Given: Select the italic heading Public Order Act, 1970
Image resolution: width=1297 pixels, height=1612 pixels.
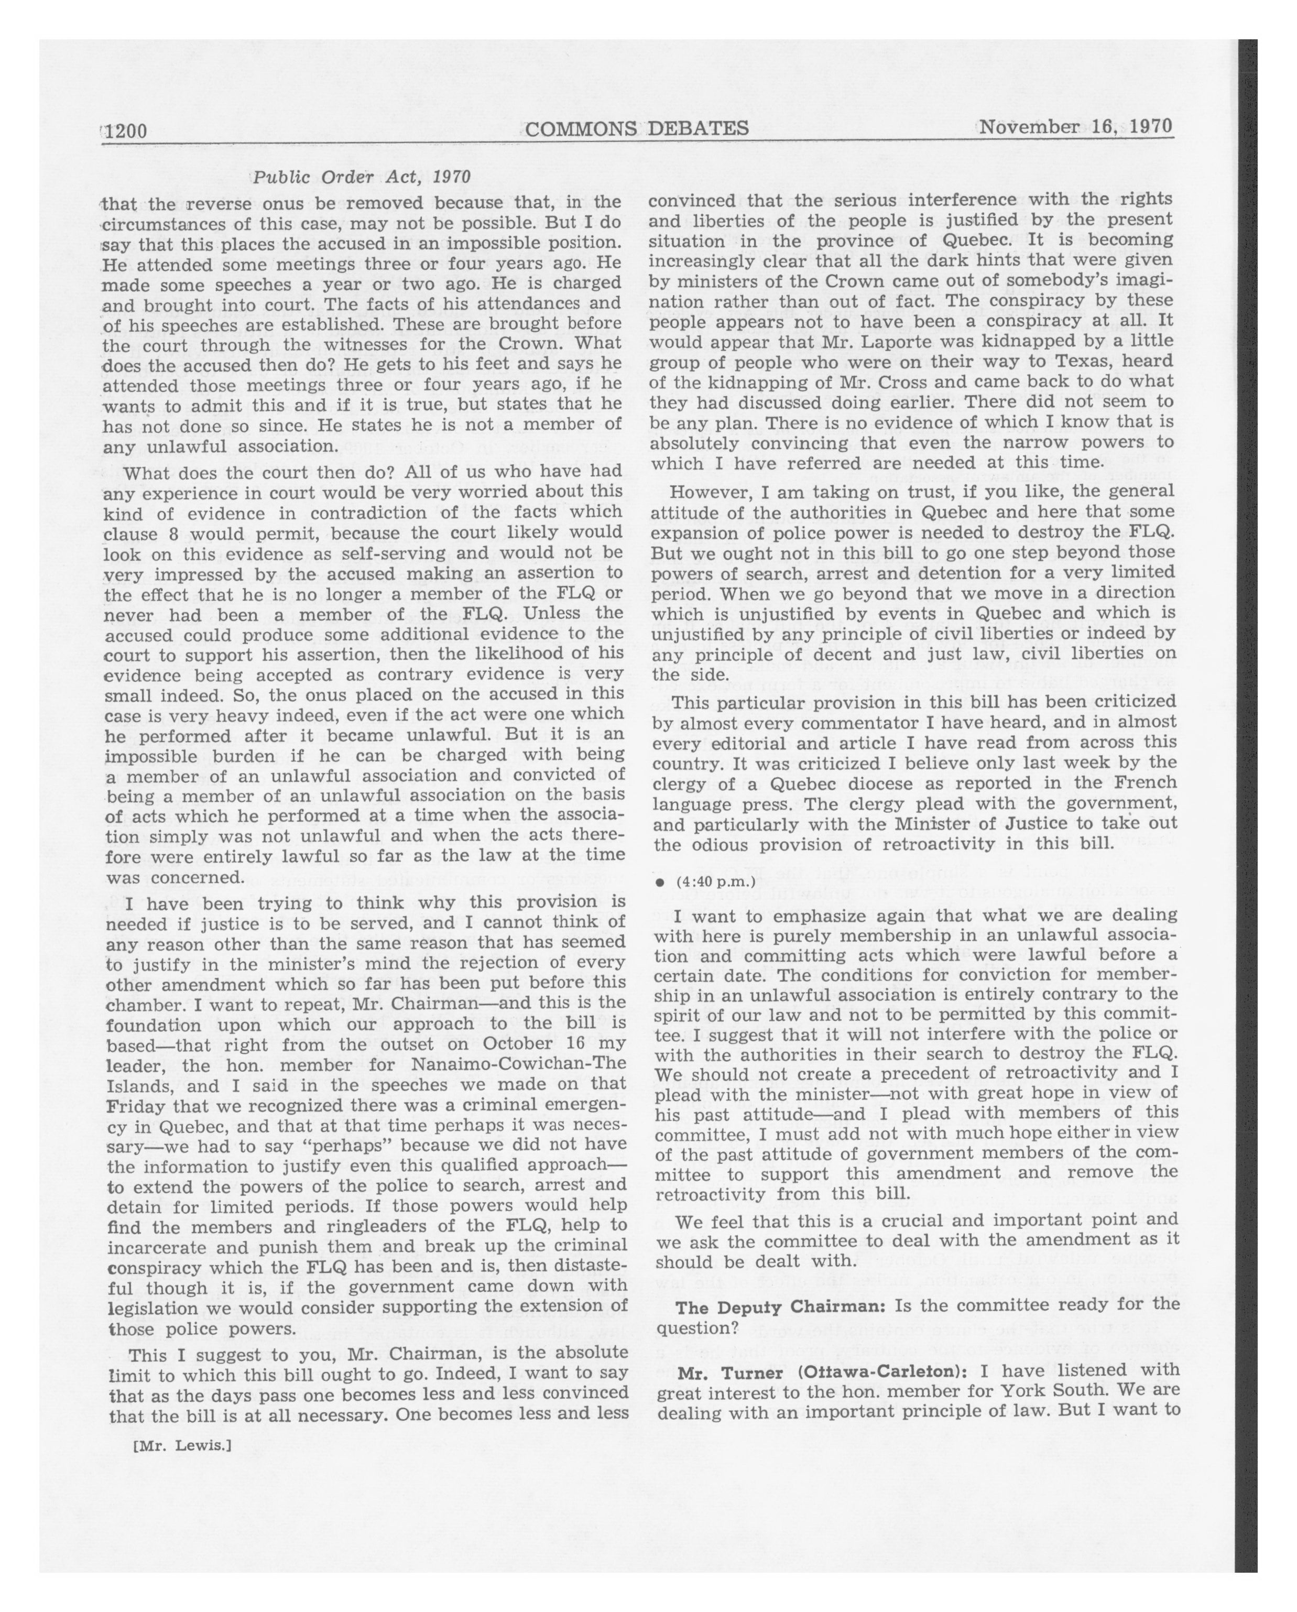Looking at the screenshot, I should coord(362,177).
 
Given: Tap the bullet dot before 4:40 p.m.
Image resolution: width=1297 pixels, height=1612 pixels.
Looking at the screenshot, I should coord(659,883).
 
